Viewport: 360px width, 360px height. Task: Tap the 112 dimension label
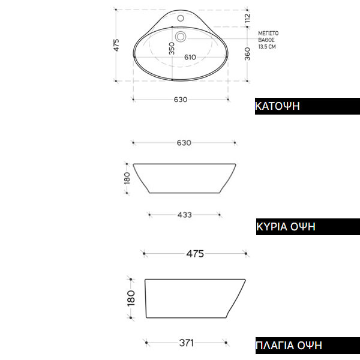point(247,18)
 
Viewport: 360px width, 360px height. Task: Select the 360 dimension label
point(247,54)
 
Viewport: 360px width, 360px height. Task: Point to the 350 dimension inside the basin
point(172,49)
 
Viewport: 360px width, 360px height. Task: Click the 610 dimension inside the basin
point(190,57)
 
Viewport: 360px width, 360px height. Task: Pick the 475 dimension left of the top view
point(116,45)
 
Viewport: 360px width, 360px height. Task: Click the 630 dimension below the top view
point(181,100)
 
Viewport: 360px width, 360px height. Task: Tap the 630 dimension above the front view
point(184,143)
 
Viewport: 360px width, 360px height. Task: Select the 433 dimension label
point(185,215)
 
